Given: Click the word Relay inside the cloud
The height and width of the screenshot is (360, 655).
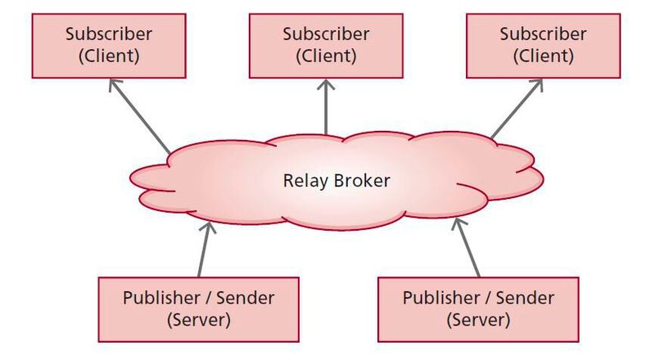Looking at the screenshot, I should coord(305,180).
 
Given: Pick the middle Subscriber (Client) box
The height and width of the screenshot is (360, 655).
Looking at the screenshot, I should coord(327,46).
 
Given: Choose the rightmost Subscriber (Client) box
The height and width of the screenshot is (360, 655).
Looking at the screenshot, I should coord(543,46).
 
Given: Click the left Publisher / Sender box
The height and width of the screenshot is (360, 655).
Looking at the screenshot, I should coord(198,308).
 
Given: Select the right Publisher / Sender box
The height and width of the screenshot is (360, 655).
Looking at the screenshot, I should coord(478,308).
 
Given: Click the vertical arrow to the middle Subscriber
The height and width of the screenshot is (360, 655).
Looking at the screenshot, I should coord(327,106).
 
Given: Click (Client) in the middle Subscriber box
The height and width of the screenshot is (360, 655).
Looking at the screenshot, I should coord(327,56).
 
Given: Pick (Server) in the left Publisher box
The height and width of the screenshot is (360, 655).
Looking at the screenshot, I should coord(198,319).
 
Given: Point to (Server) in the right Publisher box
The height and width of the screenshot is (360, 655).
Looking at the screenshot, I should coord(478,319).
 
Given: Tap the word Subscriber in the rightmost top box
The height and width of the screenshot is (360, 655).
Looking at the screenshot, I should coord(543,34).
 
